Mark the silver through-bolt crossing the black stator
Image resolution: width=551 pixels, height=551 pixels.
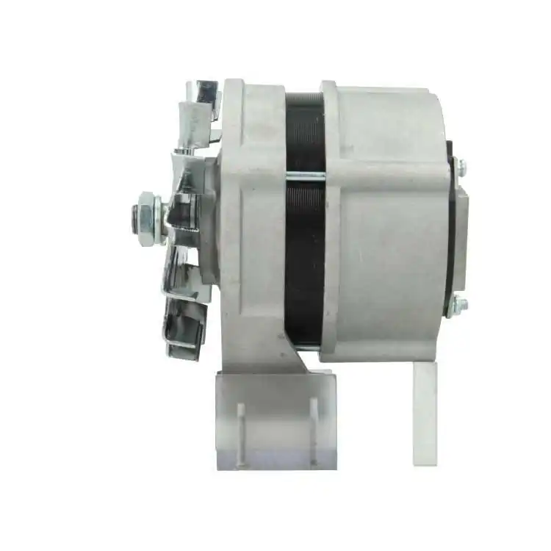pos(305,175)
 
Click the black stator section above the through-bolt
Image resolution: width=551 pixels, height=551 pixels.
pos(305,132)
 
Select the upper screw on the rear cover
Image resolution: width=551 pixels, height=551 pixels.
pos(459,168)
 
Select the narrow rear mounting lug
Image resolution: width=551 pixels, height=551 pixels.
pos(425,411)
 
